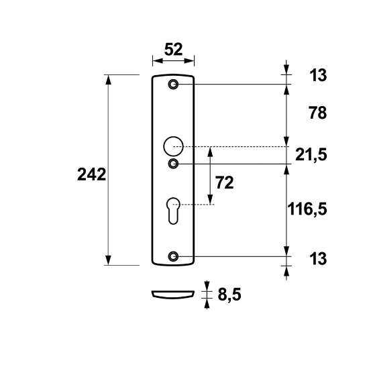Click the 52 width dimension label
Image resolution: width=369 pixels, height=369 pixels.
[174, 50]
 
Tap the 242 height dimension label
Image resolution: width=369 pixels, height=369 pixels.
[91, 174]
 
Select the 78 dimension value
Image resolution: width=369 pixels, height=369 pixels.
[318, 113]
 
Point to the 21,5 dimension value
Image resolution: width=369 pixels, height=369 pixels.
[311, 155]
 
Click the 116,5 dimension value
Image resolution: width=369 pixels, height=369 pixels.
[307, 209]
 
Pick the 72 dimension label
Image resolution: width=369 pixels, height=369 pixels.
[225, 182]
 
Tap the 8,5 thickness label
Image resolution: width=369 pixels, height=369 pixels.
[229, 295]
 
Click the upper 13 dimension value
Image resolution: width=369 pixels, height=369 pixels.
[318, 75]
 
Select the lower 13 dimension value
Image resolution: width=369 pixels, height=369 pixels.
[318, 258]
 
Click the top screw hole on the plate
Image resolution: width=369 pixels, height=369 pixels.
[174, 85]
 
